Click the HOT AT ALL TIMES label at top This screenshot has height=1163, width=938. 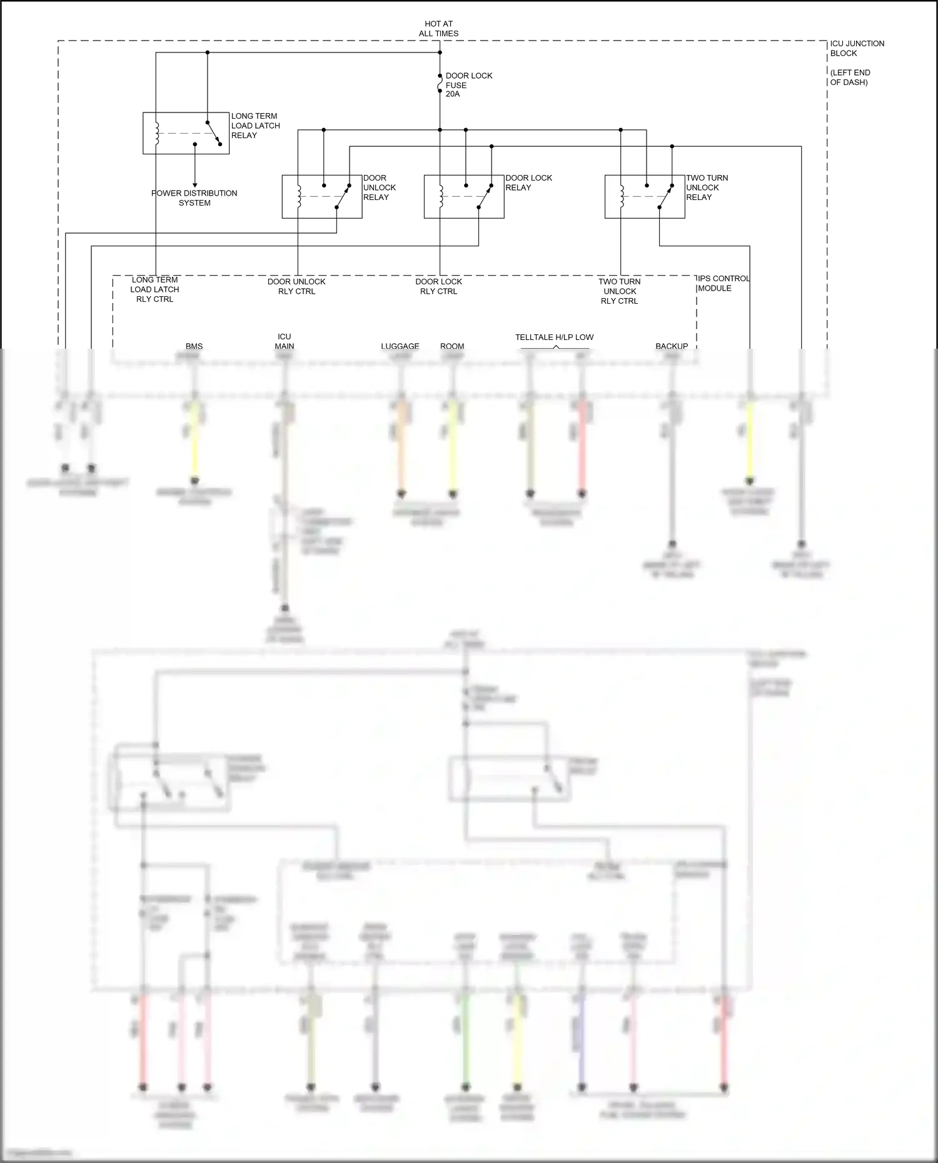pyautogui.click(x=438, y=29)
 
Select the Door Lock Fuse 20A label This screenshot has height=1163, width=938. pyautogui.click(x=468, y=85)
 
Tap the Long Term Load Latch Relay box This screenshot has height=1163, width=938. pyautogui.click(x=186, y=133)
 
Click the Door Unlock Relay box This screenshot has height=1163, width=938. pyautogui.click(x=321, y=196)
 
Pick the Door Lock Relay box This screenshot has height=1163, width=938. pyautogui.click(x=463, y=196)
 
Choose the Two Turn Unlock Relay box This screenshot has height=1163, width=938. pyautogui.click(x=644, y=196)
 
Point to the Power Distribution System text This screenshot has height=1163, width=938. pyautogui.click(x=194, y=198)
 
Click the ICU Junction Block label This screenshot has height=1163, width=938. pyautogui.click(x=857, y=48)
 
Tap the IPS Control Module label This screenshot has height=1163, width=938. pyautogui.click(x=723, y=283)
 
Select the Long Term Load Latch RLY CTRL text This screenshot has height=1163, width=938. pyautogui.click(x=154, y=289)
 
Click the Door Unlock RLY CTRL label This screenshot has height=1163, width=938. pyautogui.click(x=296, y=286)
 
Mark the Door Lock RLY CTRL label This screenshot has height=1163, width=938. pyautogui.click(x=438, y=286)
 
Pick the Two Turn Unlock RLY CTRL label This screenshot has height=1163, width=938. pyautogui.click(x=620, y=291)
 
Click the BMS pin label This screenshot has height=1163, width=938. pyautogui.click(x=194, y=346)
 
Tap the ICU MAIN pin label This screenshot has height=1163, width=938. pyautogui.click(x=284, y=341)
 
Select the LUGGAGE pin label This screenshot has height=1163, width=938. pyautogui.click(x=400, y=346)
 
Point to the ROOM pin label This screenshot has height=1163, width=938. pyautogui.click(x=452, y=346)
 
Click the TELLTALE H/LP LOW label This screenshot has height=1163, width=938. pyautogui.click(x=554, y=337)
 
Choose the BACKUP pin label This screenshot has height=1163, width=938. pyautogui.click(x=672, y=346)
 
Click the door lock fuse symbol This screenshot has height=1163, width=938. pyautogui.click(x=440, y=84)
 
